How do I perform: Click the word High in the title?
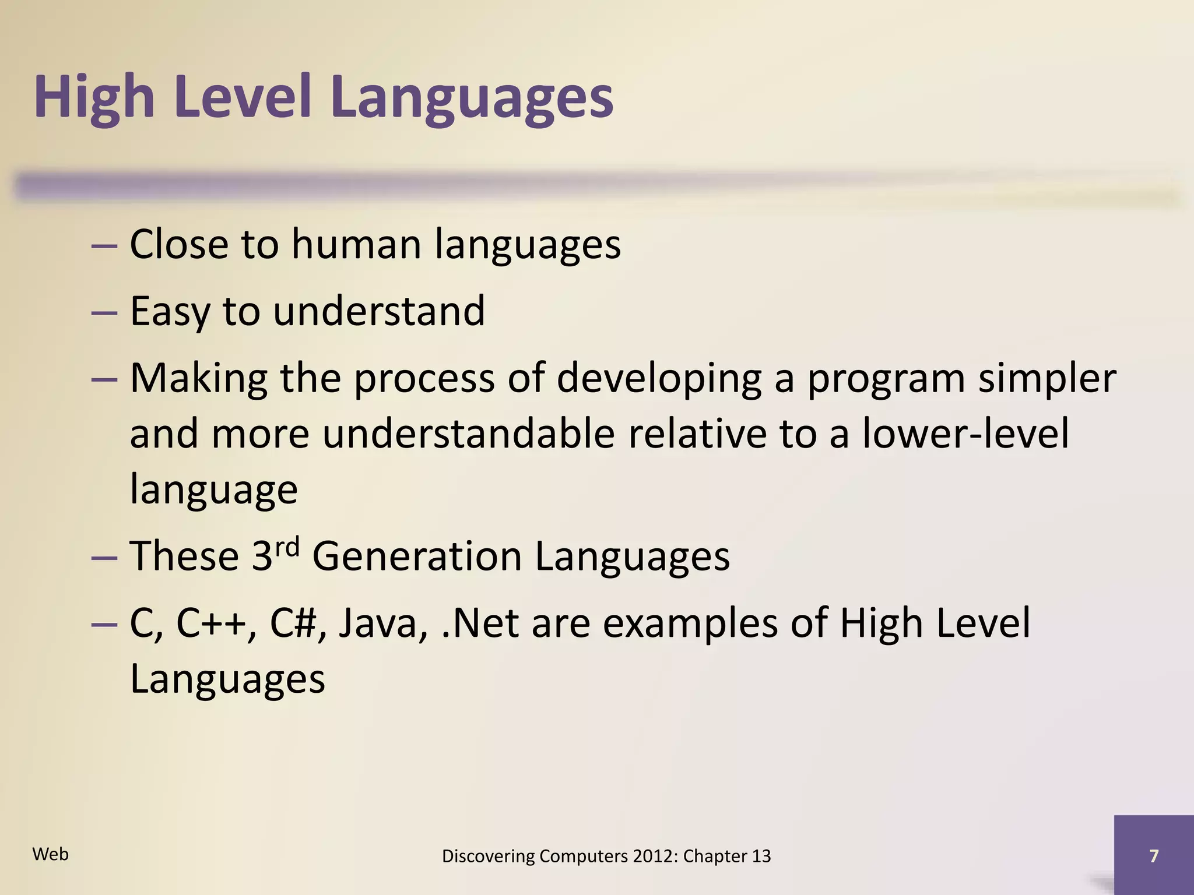(94, 97)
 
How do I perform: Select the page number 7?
(1153, 856)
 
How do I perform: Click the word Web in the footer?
(51, 854)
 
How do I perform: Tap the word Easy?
(169, 311)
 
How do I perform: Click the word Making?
(199, 378)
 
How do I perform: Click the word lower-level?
(965, 434)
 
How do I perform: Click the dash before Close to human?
(104, 245)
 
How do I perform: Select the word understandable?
(468, 434)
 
